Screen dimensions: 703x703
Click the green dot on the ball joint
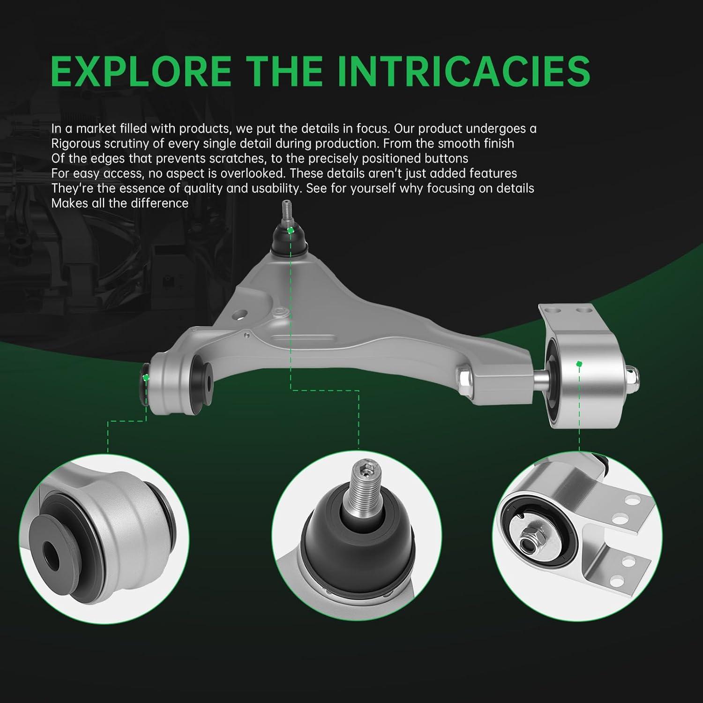pos(291,230)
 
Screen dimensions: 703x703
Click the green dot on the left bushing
pos(146,377)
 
